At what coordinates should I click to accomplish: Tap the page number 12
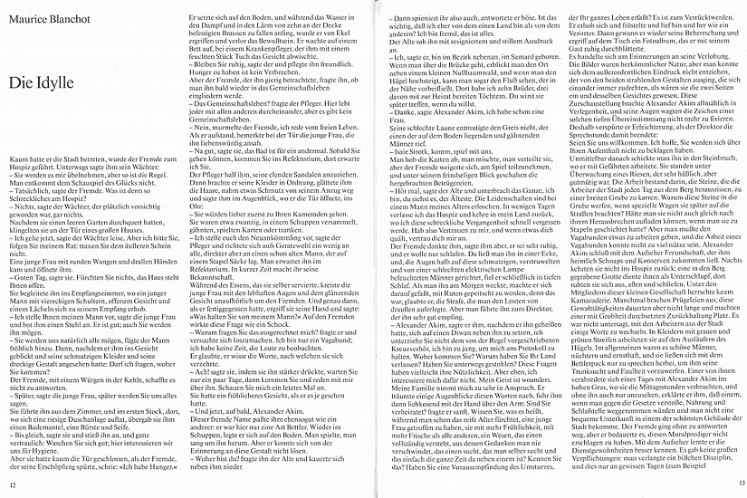pyautogui.click(x=13, y=485)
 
